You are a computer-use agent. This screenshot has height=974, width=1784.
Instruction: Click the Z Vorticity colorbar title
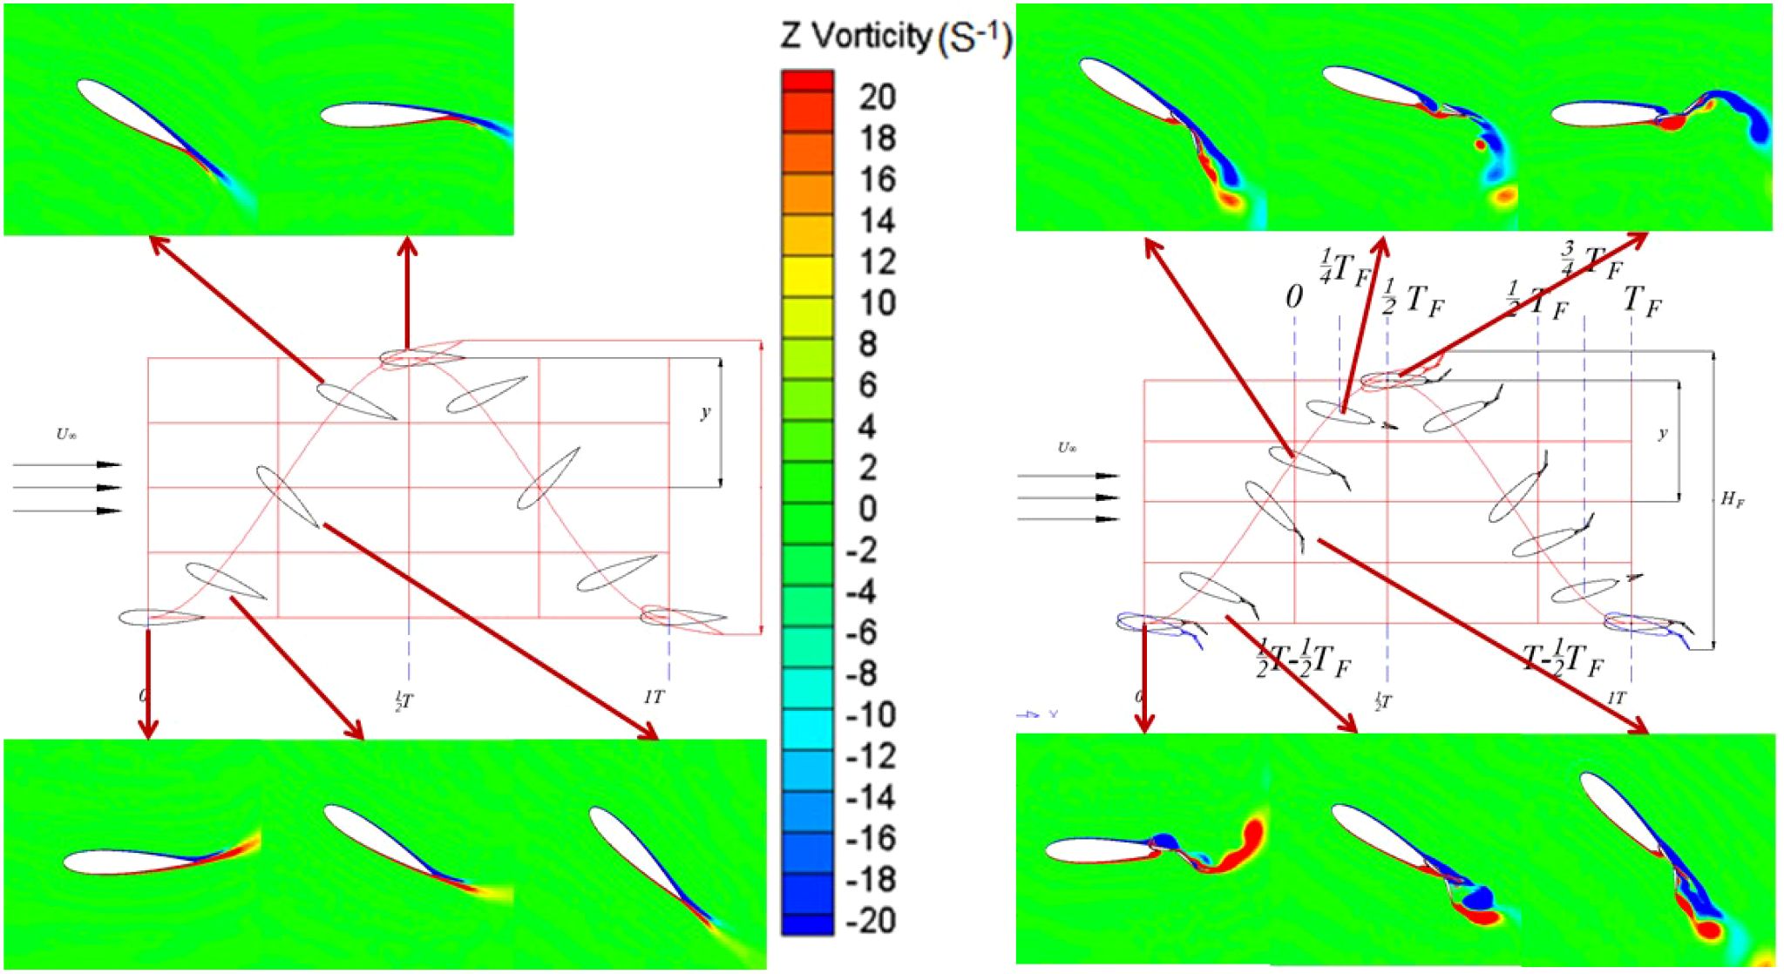point(895,37)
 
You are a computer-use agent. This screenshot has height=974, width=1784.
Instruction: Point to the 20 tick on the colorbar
point(877,97)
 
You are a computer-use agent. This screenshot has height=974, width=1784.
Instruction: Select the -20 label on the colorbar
point(872,920)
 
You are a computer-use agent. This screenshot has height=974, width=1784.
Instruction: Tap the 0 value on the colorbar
point(867,509)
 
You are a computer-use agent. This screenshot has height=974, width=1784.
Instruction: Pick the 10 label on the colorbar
point(877,303)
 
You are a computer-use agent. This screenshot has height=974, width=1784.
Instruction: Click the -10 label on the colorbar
point(872,714)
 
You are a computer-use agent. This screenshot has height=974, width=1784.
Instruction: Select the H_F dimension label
point(1732,499)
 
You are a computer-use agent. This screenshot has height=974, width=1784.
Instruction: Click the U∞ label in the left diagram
point(66,434)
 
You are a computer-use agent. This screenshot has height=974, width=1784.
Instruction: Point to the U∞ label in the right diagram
point(1067,448)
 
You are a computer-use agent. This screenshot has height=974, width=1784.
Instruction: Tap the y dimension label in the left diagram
point(705,412)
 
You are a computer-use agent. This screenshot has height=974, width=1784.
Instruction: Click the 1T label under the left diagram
point(654,697)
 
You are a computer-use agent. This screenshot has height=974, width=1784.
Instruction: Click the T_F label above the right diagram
point(1643,301)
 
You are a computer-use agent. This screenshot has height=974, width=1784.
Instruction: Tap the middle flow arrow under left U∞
point(67,488)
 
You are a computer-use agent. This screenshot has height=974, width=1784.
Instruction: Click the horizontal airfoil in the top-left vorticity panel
point(383,115)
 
